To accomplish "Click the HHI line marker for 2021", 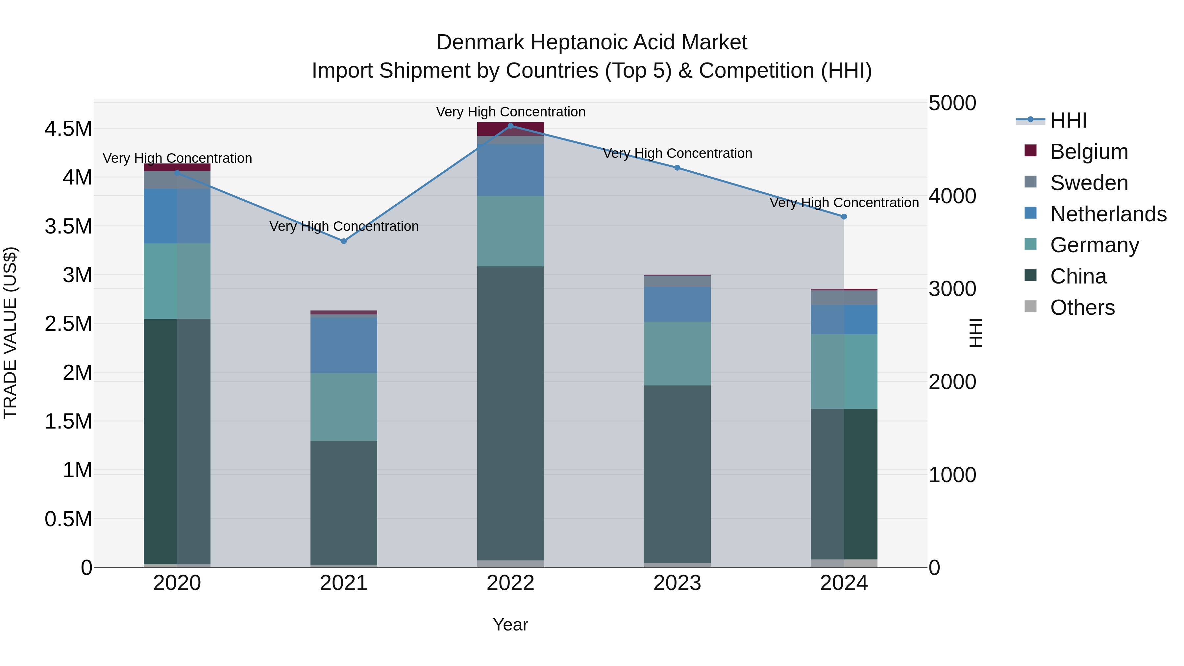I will tap(344, 241).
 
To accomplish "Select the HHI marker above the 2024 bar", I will tap(844, 216).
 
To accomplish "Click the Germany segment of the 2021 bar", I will tap(344, 407).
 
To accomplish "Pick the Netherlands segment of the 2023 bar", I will tap(677, 304).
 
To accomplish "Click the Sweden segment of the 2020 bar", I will tap(177, 180).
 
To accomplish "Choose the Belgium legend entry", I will tap(1089, 152).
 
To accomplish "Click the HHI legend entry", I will tap(1068, 120).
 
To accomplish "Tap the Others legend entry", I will tap(1082, 308).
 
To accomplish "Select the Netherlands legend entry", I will tap(1108, 214).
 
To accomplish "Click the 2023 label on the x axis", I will tap(677, 583).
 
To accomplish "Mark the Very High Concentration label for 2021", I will tap(344, 226).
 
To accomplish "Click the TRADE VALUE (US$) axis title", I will tap(10, 333).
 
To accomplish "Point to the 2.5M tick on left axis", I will tap(68, 324).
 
